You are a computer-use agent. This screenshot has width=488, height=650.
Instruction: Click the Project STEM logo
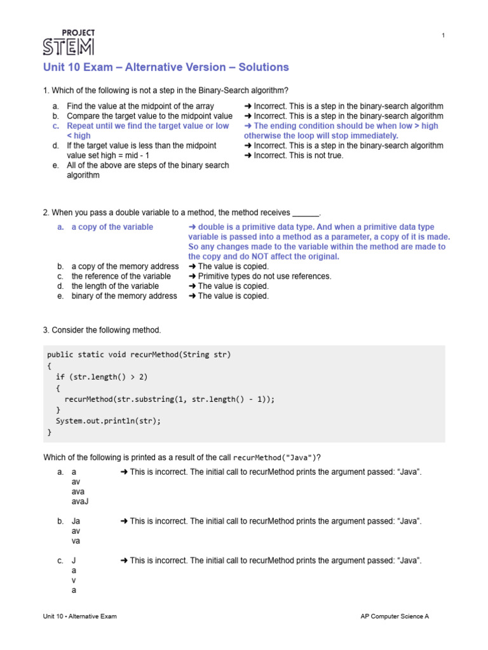pos(69,42)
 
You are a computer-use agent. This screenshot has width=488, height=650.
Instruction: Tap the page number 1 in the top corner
pos(443,36)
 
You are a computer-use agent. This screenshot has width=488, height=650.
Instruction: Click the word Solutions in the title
pos(264,67)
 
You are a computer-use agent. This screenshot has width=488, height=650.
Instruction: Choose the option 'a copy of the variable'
pos(112,227)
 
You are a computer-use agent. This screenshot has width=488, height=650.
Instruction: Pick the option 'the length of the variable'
pos(115,286)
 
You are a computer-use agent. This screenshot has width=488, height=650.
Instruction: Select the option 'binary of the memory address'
pos(124,296)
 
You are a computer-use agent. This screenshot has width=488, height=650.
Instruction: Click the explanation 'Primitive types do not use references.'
pos(260,276)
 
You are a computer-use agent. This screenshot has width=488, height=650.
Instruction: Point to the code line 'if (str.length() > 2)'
pos(102,377)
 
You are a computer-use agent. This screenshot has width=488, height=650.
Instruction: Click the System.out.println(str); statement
pos(109,421)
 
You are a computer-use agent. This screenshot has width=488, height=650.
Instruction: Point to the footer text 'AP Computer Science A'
pos(395,616)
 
